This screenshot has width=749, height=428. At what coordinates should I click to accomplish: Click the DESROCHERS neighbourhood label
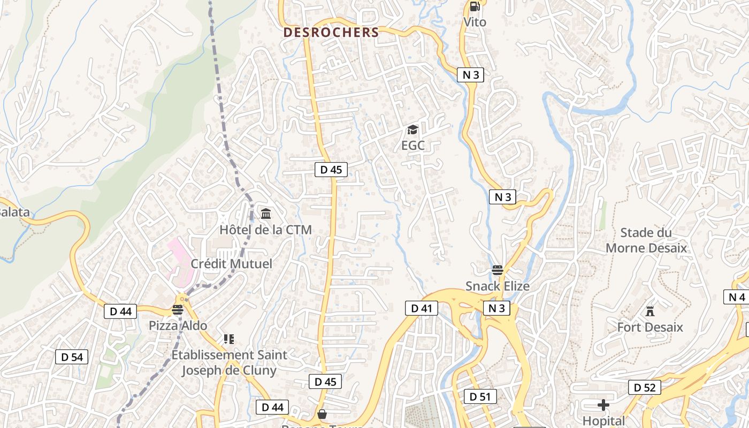click(331, 32)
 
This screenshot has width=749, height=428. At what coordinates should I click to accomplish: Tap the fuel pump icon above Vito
click(475, 6)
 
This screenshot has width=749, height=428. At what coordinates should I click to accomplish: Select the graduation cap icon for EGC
click(412, 129)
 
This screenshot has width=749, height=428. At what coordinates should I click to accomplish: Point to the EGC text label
click(412, 145)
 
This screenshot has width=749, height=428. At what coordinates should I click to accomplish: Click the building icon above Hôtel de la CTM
click(265, 214)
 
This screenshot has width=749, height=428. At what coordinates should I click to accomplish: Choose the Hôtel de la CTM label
click(265, 230)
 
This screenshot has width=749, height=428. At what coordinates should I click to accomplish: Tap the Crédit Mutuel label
click(231, 264)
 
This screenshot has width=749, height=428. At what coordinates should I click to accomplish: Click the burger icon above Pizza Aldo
click(178, 309)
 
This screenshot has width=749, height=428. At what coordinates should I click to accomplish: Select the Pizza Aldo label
click(178, 325)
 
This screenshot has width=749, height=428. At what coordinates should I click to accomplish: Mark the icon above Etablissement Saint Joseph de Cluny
click(229, 339)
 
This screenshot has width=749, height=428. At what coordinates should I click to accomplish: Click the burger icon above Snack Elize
click(498, 270)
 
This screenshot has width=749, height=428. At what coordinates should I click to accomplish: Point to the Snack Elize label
click(498, 286)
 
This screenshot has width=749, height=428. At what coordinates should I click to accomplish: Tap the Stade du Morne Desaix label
click(646, 240)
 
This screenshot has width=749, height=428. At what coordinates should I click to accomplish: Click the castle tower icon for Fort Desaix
click(650, 311)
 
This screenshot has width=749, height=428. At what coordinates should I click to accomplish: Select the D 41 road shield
click(422, 308)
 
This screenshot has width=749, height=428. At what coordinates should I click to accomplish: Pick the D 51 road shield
click(480, 396)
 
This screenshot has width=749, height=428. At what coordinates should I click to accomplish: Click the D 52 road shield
click(644, 387)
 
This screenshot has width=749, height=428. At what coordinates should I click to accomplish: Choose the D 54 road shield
click(72, 357)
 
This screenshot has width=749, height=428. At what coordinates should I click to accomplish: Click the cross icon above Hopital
click(603, 405)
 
